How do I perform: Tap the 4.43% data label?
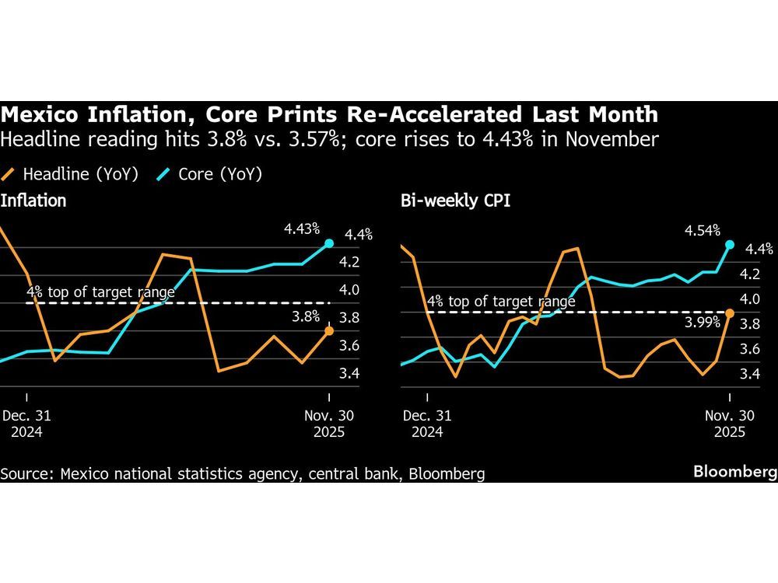coord(303,229)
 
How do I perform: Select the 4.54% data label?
coord(702,230)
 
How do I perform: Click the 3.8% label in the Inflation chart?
coord(304,316)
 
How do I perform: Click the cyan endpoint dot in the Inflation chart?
coord(328,243)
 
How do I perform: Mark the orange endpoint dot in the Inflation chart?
coord(328,331)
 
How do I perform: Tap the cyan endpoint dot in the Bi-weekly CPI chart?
coord(730,244)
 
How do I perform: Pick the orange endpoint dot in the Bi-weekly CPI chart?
coord(730,312)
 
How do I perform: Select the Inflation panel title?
coord(33,201)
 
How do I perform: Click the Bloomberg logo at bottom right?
coord(735,472)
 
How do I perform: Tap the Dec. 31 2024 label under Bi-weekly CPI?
coord(427,424)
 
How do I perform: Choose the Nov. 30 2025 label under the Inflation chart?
coord(330,424)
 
